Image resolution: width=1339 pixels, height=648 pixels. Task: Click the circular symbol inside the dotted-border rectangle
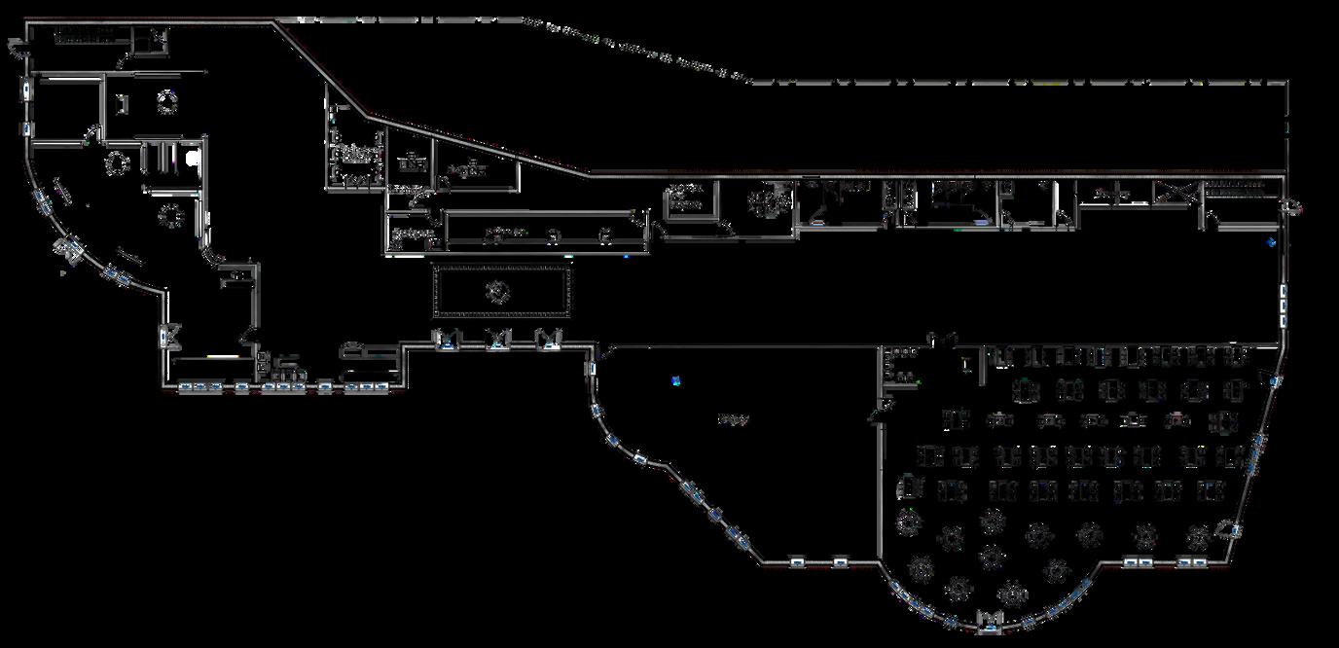500,291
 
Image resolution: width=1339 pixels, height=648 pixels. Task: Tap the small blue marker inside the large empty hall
676,380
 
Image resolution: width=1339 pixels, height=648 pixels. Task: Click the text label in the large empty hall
733,420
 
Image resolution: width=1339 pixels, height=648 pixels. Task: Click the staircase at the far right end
1241,189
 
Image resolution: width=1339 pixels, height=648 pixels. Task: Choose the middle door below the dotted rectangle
498,340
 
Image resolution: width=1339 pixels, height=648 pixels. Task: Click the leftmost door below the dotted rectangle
446,340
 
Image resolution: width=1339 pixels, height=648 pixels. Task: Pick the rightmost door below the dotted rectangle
550,340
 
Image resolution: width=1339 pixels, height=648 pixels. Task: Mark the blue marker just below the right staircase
1271,242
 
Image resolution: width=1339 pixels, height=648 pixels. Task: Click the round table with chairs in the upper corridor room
770,202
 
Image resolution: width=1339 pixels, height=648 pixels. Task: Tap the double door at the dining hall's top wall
941,339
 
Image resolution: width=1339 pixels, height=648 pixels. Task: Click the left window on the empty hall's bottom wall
797,561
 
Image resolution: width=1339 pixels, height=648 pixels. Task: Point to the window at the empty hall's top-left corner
592,368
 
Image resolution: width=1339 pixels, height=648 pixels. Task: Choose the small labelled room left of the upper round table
686,201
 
